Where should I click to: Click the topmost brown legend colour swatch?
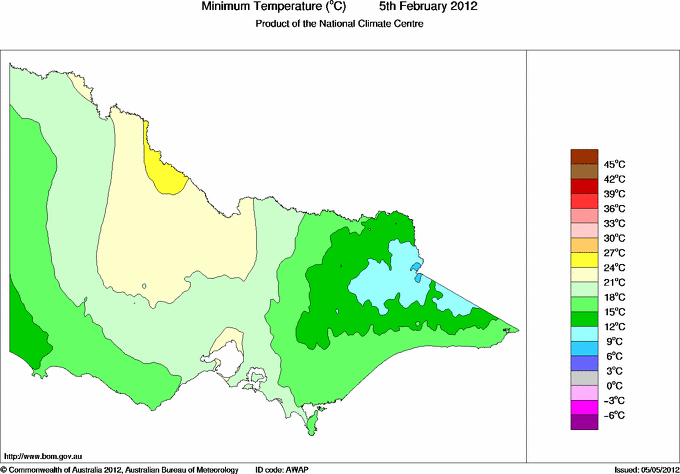(x=583, y=156)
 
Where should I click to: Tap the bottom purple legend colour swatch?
(x=583, y=422)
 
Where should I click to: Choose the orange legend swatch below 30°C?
(x=583, y=245)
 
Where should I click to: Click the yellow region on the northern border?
(x=163, y=169)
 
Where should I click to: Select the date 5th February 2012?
(x=427, y=7)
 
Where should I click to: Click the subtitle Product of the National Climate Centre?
(x=340, y=24)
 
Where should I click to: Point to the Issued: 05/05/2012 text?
(x=639, y=468)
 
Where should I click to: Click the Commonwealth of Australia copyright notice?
(x=120, y=468)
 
